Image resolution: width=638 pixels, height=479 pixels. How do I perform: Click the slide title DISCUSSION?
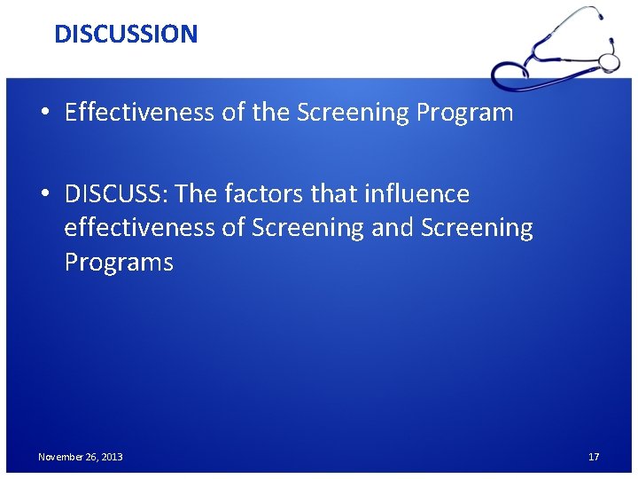click(x=126, y=34)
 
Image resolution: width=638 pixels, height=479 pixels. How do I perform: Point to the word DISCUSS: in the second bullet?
click(x=117, y=193)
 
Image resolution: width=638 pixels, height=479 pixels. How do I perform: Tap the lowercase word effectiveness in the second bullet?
click(x=140, y=228)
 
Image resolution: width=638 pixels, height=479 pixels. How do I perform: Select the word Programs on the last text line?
click(x=119, y=263)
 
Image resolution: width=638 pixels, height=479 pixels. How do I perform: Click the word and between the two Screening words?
click(x=393, y=228)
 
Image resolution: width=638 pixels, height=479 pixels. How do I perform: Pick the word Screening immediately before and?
click(x=307, y=228)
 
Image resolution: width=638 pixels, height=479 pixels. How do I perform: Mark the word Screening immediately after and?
click(x=477, y=228)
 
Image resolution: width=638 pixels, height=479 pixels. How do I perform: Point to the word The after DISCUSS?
click(x=198, y=193)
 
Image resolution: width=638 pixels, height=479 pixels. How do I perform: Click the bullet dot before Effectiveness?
click(x=44, y=114)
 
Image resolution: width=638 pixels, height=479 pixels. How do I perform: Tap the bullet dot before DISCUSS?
click(x=44, y=194)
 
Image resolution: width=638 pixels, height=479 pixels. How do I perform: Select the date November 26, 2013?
click(x=81, y=457)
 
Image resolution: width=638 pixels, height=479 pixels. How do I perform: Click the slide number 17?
click(x=594, y=457)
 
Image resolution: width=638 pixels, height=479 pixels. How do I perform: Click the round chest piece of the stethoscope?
click(x=609, y=60)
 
